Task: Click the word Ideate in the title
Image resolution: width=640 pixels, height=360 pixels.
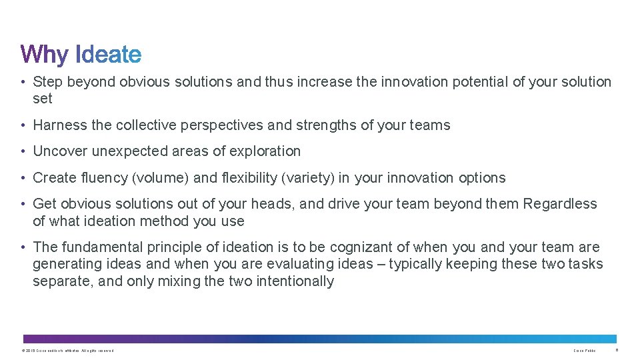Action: pyautogui.click(x=109, y=54)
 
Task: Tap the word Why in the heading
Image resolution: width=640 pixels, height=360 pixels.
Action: pyautogui.click(x=45, y=55)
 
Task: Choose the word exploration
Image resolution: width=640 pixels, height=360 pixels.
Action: pyautogui.click(x=265, y=151)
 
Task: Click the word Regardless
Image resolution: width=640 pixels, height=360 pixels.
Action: pyautogui.click(x=560, y=204)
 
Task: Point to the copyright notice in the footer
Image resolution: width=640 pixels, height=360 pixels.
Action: pyautogui.click(x=67, y=351)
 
